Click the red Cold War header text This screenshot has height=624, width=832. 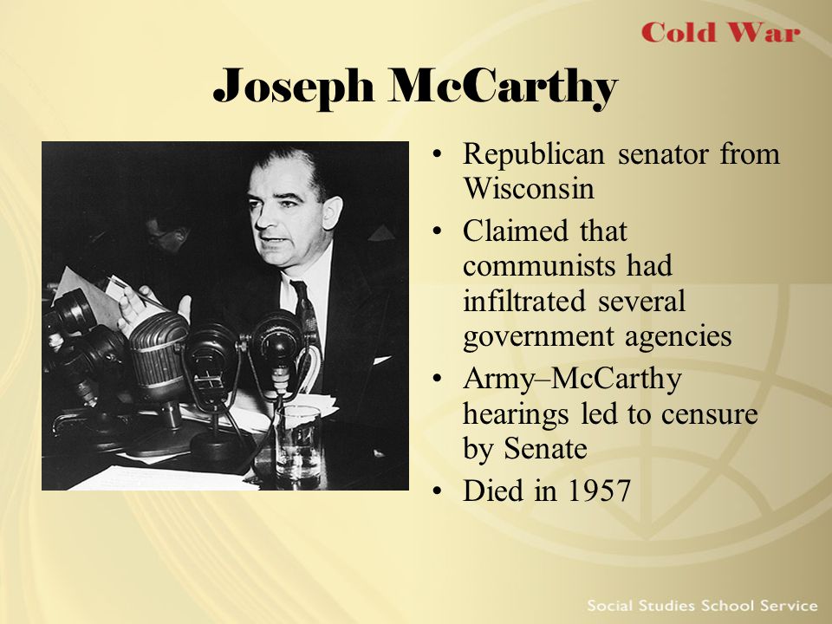720,32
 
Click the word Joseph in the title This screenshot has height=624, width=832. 293,86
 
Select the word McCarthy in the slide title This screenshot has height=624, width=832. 503,87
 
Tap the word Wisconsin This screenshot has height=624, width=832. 529,187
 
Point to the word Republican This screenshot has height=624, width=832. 533,155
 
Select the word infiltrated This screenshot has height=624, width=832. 524,301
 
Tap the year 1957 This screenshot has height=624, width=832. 599,491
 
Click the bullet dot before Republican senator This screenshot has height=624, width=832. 437,155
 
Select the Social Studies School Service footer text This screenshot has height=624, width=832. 702,606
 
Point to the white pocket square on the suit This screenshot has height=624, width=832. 382,361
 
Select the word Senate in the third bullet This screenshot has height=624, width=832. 545,449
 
